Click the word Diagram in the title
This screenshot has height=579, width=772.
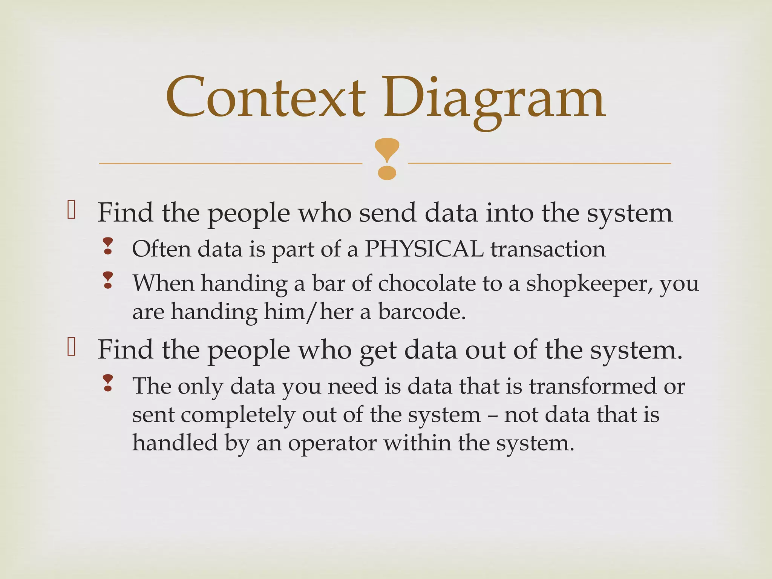[494, 99]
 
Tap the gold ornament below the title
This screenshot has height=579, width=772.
[387, 159]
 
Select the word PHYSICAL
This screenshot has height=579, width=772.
[424, 249]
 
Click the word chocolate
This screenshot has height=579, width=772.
[427, 283]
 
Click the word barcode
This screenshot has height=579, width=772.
[421, 312]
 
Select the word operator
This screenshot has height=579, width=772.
[332, 443]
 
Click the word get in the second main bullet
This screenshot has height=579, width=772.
[378, 351]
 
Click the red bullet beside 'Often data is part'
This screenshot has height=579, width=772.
[108, 246]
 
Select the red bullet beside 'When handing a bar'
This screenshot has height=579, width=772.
[108, 280]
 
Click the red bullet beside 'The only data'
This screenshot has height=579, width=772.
[108, 383]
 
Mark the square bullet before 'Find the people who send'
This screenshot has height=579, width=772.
[72, 210]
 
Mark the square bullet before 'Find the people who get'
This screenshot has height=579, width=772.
[72, 347]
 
